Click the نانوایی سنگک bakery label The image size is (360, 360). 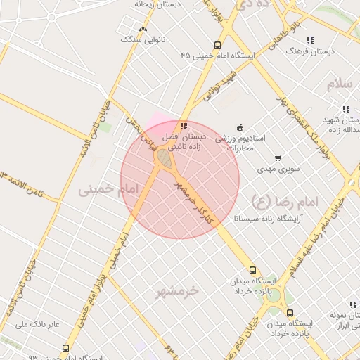(x=141, y=40)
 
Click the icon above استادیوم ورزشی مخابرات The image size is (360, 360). (x=240, y=127)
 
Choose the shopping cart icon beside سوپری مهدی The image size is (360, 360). (x=278, y=157)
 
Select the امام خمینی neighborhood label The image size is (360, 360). (x=105, y=190)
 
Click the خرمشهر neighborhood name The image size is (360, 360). (x=177, y=290)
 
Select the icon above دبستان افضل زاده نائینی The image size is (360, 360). (x=184, y=126)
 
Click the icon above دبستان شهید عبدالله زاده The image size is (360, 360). (x=345, y=109)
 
